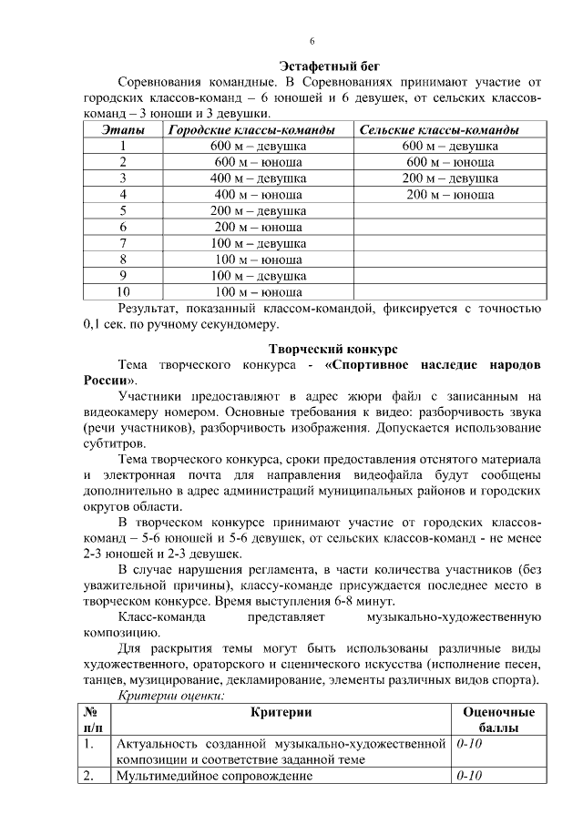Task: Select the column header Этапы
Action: [x=122, y=131]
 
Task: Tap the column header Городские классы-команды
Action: [x=258, y=131]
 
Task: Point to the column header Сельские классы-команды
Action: [x=439, y=131]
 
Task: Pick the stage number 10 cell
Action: [x=122, y=292]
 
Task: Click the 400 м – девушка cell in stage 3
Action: [x=258, y=178]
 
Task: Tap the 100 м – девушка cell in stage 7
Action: [x=258, y=243]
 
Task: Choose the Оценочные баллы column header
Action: [x=498, y=720]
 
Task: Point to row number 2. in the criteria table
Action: [x=89, y=776]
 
